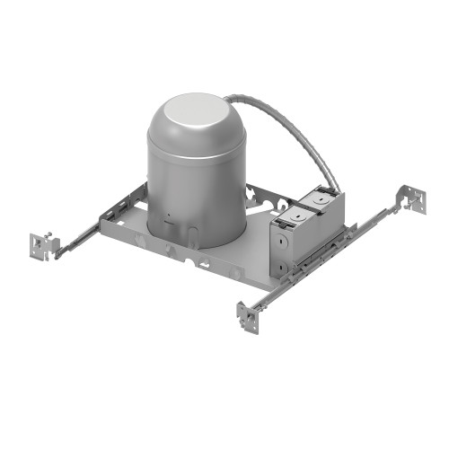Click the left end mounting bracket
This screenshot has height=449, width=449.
pyautogui.click(x=41, y=244)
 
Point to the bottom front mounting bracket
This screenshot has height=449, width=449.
pyautogui.click(x=247, y=315)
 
